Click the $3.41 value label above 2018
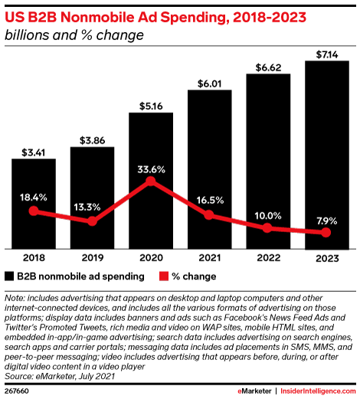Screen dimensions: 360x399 click(34, 152)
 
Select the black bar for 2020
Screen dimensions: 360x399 click(151, 181)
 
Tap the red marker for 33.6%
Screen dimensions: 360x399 click(151, 181)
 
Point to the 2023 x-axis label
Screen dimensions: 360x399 click(327, 258)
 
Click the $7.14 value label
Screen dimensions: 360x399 click(327, 54)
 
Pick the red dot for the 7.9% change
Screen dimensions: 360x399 click(326, 233)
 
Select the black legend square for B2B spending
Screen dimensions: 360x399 click(9, 276)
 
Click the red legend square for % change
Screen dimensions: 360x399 click(164, 276)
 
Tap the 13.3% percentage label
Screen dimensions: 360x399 click(87, 207)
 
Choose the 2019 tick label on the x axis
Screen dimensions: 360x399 click(93, 258)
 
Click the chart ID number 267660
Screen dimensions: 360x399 click(17, 391)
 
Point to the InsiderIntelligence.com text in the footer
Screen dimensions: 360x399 click(318, 391)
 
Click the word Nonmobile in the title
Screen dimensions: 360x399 click(104, 18)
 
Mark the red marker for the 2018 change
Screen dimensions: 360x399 click(34, 211)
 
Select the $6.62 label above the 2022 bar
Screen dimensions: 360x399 click(268, 67)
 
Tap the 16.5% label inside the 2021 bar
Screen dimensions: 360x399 click(210, 201)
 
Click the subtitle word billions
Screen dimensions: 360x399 click(28, 35)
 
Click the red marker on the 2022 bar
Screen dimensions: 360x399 click(267, 227)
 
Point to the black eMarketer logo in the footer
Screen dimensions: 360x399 click(254, 391)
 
